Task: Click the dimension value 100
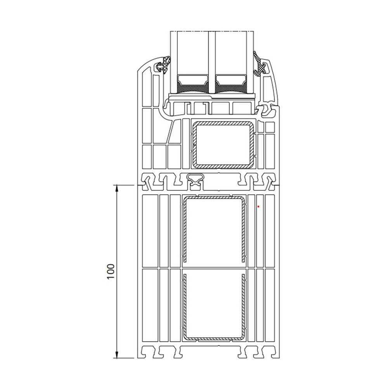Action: point(111,272)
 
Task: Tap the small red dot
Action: point(258,207)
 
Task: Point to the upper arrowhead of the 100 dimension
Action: point(116,188)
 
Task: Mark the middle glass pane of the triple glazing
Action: point(211,58)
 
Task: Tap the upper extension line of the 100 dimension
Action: point(128,185)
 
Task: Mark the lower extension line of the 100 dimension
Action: point(128,357)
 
